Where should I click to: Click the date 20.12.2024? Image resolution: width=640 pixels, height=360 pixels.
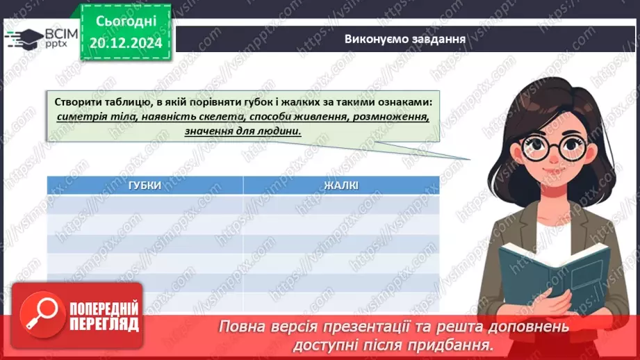pyautogui.click(x=126, y=43)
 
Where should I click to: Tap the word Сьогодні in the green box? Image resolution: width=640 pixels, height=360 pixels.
pyautogui.click(x=126, y=22)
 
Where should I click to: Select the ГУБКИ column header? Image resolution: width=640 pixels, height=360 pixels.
pyautogui.click(x=145, y=185)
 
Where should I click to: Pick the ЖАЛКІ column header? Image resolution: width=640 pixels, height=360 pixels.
pyautogui.click(x=340, y=185)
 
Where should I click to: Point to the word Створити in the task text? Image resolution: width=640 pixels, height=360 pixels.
pyautogui.click(x=77, y=101)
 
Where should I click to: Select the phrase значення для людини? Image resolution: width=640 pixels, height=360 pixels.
pyautogui.click(x=243, y=131)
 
